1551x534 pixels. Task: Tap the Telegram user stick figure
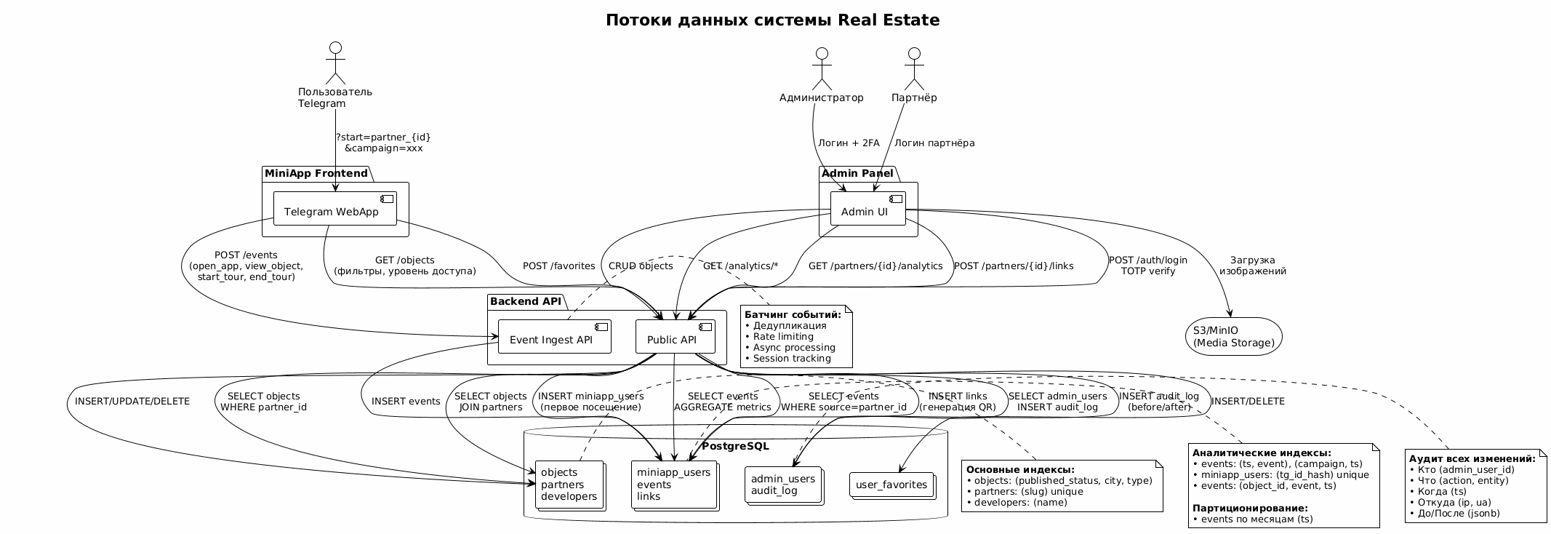coord(334,63)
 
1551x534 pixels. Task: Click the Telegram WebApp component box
coord(335,210)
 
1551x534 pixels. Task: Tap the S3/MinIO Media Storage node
coord(1234,337)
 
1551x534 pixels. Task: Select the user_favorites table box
coord(891,485)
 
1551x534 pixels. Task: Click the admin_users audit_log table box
coord(783,485)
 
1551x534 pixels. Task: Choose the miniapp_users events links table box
coord(673,485)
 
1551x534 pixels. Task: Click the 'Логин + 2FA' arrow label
coord(848,143)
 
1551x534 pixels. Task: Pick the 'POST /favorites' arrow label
coord(558,266)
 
